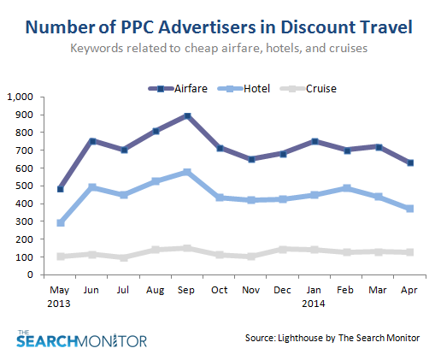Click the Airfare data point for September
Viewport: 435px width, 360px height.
[x=186, y=115]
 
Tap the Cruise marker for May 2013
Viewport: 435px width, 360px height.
[x=59, y=257]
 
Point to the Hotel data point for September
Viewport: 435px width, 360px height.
[x=186, y=172]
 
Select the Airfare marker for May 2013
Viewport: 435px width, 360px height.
[x=59, y=189]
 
